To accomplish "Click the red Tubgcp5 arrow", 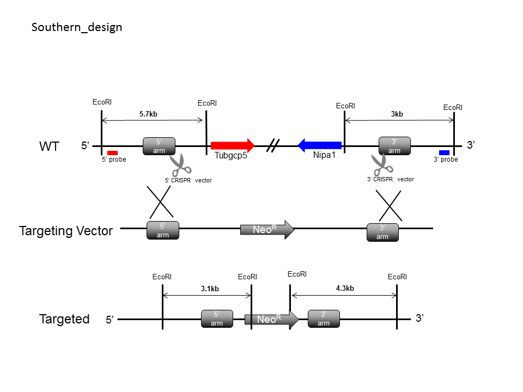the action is (x=233, y=145).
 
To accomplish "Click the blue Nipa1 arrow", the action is (x=320, y=145).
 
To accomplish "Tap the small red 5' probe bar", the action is (x=112, y=153).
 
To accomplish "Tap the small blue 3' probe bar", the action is (x=445, y=152).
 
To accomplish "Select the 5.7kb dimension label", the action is (x=148, y=114).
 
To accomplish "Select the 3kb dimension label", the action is (x=397, y=114).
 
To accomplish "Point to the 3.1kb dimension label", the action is (x=210, y=289).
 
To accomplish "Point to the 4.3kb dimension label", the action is (x=345, y=289).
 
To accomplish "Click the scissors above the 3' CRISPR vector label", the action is (x=382, y=164).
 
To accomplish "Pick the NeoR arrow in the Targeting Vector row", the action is (x=267, y=230).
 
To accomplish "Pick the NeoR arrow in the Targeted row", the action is (x=271, y=320).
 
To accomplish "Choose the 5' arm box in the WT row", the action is (x=159, y=146).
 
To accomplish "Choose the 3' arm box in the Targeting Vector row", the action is (x=382, y=232).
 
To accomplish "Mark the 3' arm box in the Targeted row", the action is (x=324, y=319).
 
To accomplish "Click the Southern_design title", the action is (x=77, y=27).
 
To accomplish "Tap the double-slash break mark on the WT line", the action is (x=273, y=145).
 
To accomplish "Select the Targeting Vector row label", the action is (x=66, y=231).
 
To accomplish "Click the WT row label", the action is (x=50, y=146).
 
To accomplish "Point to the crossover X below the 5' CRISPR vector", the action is (x=160, y=201).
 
